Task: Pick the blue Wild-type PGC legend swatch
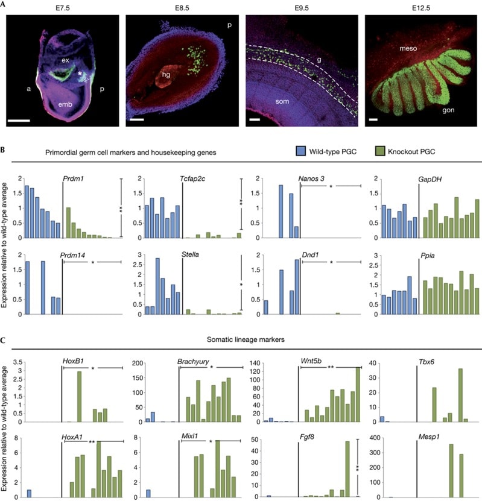pos(305,151)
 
